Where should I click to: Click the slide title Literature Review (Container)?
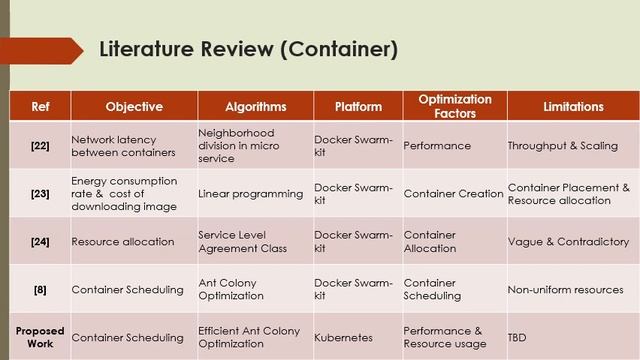click(x=248, y=50)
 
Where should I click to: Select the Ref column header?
click(x=40, y=106)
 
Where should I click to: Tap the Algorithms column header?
click(x=256, y=106)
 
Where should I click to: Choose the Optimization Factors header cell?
click(x=454, y=106)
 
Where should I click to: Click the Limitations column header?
click(x=573, y=106)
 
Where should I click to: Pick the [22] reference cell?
click(x=40, y=146)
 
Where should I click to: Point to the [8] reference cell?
click(x=40, y=290)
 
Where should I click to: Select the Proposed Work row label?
click(x=40, y=338)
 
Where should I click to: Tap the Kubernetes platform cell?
click(x=343, y=339)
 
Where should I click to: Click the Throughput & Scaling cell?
click(x=562, y=146)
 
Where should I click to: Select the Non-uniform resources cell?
click(x=565, y=290)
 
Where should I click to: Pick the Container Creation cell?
click(x=453, y=194)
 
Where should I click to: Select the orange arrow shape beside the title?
click(x=40, y=50)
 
